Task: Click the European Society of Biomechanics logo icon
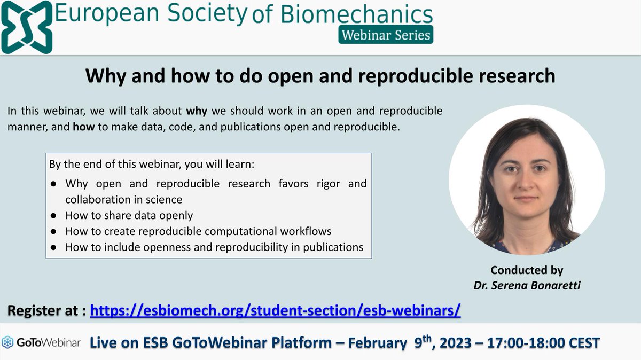pyautogui.click(x=27, y=27)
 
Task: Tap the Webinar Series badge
pyautogui.click(x=385, y=35)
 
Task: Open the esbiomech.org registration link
pyautogui.click(x=275, y=310)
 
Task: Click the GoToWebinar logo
pyautogui.click(x=41, y=342)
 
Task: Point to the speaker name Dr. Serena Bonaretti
pyautogui.click(x=527, y=286)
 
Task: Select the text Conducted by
pyautogui.click(x=527, y=270)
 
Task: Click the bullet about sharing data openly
pyautogui.click(x=129, y=216)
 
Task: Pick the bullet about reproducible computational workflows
pyautogui.click(x=198, y=231)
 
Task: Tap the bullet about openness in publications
pyautogui.click(x=214, y=247)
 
